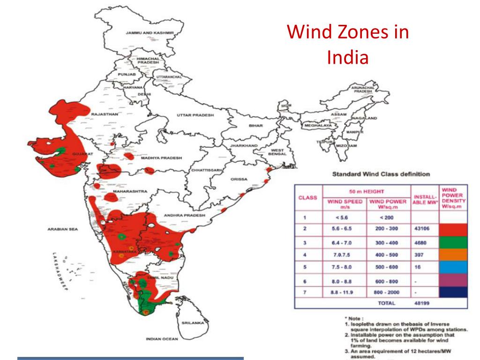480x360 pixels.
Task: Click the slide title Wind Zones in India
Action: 348,45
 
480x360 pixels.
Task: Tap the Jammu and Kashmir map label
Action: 150,33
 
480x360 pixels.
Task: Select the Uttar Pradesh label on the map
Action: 195,115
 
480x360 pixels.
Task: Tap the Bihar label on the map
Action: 256,126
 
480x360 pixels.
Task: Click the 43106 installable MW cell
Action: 423,229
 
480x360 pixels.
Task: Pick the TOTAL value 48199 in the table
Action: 423,303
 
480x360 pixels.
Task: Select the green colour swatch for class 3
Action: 453,242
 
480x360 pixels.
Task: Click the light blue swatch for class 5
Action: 453,267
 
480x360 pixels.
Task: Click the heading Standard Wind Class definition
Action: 381,174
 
